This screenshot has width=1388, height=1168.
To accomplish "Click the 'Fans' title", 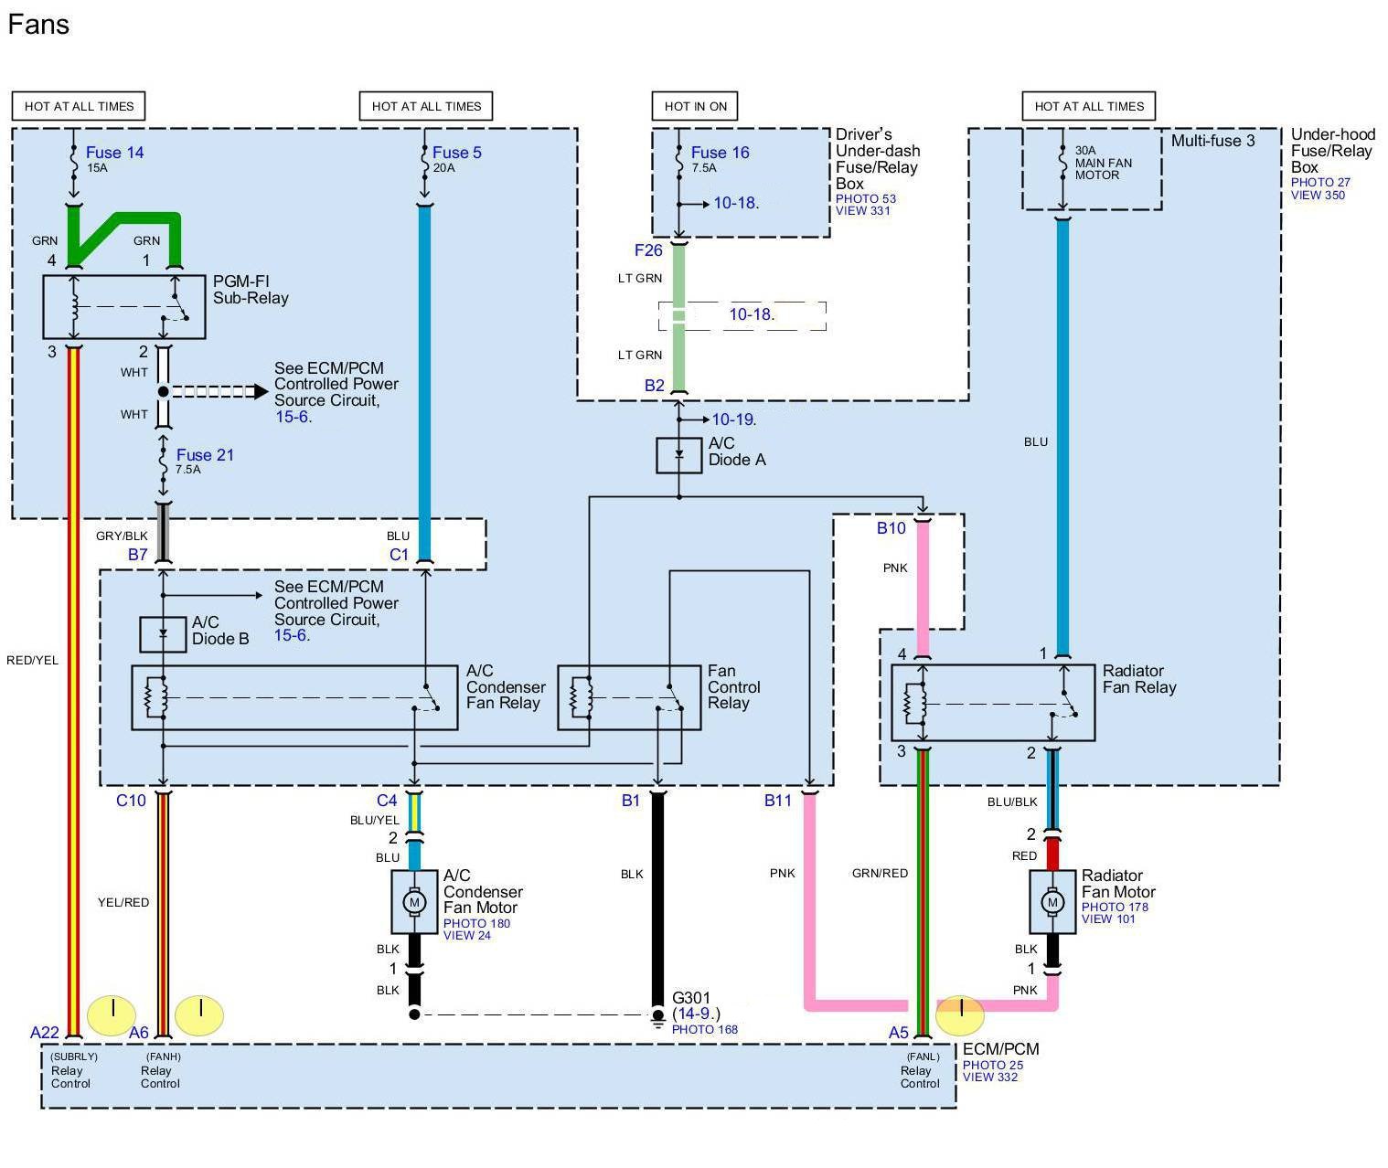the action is click(x=38, y=25).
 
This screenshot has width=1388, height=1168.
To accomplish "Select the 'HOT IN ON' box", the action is click(x=695, y=106).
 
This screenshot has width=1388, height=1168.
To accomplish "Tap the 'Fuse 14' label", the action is click(x=114, y=153).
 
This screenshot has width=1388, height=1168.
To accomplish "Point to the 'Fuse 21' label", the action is click(x=205, y=455).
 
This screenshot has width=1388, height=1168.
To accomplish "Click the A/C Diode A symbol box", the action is click(x=678, y=456).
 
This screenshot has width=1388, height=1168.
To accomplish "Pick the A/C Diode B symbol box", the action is click(x=163, y=634).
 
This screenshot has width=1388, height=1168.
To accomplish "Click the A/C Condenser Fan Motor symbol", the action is click(x=414, y=901).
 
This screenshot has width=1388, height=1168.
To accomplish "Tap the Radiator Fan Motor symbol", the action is click(x=1052, y=901).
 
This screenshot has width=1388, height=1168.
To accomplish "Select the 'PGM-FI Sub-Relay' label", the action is click(x=251, y=290).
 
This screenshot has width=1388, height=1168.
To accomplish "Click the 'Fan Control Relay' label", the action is click(x=733, y=687).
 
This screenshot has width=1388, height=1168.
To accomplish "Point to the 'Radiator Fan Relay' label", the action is click(x=1138, y=679).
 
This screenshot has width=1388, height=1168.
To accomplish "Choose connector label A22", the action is click(x=45, y=1033).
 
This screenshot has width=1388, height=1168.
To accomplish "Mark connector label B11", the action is click(x=778, y=801).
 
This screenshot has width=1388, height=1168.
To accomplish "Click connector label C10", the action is click(x=131, y=801).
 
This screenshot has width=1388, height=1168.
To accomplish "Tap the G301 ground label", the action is click(x=691, y=998).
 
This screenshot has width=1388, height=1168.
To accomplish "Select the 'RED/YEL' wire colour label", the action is click(x=33, y=661).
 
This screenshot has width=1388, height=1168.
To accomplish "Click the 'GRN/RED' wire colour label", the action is click(x=881, y=873).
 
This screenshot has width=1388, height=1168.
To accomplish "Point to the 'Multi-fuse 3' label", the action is click(x=1213, y=141).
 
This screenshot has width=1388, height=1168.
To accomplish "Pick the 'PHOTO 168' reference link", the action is click(x=705, y=1030).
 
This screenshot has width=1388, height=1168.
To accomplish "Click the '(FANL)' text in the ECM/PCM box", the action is click(x=924, y=1057).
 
